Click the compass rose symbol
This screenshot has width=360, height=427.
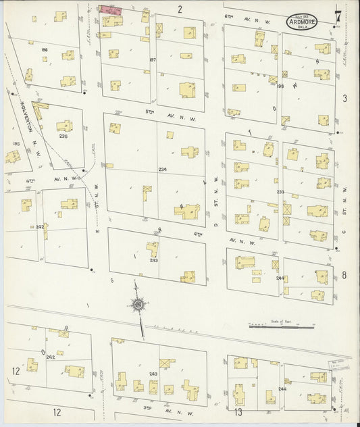pyautogui.click(x=138, y=305)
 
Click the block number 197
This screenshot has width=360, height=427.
pyautogui.click(x=153, y=59)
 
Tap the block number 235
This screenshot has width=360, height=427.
pyautogui.click(x=63, y=136)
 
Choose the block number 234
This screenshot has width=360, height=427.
pyautogui.click(x=162, y=169)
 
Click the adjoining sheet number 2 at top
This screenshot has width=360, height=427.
pyautogui.click(x=180, y=9)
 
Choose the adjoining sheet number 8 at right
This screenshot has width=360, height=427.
pyautogui.click(x=344, y=274)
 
